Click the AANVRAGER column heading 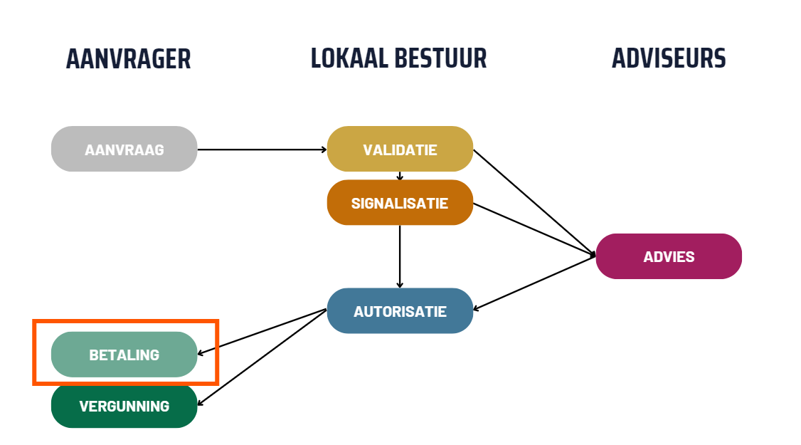[x=128, y=58]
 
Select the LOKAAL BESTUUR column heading [x=398, y=58]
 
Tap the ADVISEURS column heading [x=669, y=58]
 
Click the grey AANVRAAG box [x=124, y=150]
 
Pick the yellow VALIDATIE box [x=400, y=150]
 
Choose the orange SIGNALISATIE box [x=400, y=203]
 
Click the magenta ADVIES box [x=669, y=256]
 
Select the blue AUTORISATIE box [x=400, y=311]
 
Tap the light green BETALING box [x=124, y=355]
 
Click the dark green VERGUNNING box [x=124, y=407]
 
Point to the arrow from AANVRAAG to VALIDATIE [x=261, y=150]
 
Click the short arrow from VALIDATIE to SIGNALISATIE [x=400, y=175]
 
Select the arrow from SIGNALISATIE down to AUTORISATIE [x=400, y=256]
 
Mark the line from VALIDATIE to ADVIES [x=534, y=202]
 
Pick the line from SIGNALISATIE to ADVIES [x=534, y=229]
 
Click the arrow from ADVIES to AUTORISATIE [x=534, y=283]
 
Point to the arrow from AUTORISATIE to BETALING [x=261, y=332]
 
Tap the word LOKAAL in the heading [x=347, y=58]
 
